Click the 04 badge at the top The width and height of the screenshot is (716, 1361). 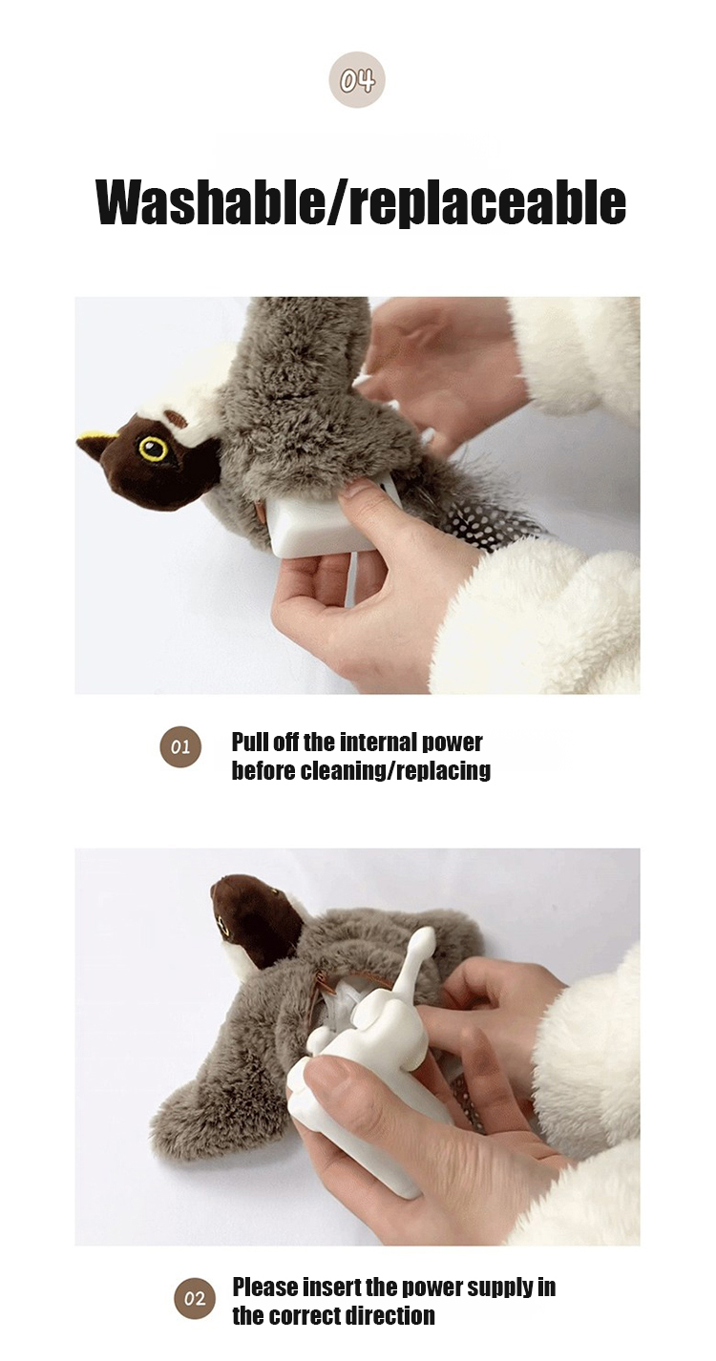click(357, 80)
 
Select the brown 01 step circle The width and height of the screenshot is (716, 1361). click(179, 746)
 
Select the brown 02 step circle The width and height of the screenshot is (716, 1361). click(195, 1299)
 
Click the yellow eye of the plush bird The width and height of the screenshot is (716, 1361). click(152, 449)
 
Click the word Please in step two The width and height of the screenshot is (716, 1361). click(265, 1287)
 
